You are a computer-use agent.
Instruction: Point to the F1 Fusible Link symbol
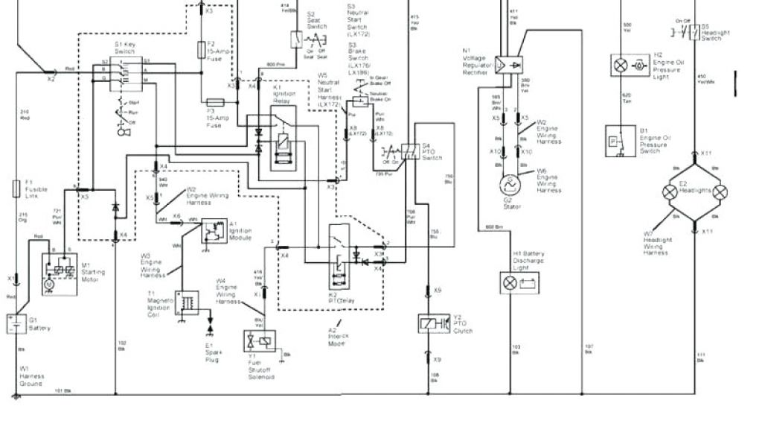16,188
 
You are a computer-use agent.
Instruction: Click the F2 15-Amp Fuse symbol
201,49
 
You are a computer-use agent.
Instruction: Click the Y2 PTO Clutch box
433,324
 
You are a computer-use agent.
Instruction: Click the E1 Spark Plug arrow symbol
209,327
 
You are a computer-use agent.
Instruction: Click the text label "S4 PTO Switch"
432,151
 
